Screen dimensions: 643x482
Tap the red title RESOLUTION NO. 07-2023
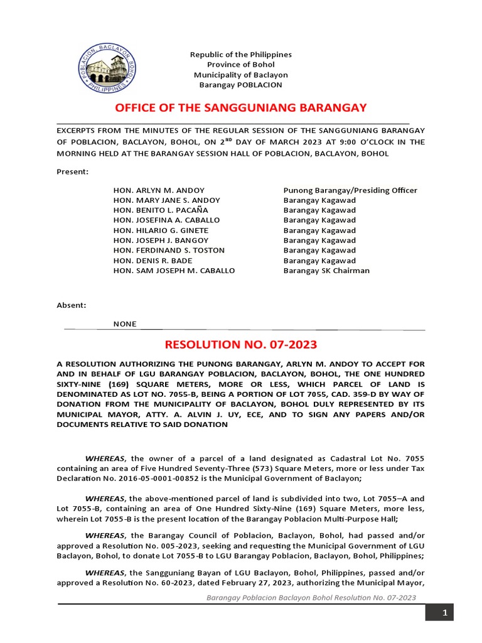241,344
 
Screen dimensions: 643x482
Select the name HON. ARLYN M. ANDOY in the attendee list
159,190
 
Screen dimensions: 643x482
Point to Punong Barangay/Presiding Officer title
350,190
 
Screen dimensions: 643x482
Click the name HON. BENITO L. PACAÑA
161,210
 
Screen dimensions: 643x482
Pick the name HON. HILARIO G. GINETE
161,230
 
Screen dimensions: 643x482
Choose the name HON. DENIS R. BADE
153,261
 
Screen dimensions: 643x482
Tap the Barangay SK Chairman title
326,271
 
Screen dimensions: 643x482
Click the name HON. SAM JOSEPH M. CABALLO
174,271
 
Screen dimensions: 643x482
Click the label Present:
72,171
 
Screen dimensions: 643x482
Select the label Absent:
72,305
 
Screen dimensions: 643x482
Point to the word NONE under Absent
124,324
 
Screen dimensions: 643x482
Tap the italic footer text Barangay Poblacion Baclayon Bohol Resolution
311,597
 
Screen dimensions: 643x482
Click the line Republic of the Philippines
241,55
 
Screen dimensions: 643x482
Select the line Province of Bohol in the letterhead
241,65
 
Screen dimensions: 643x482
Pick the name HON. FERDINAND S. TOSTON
169,251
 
